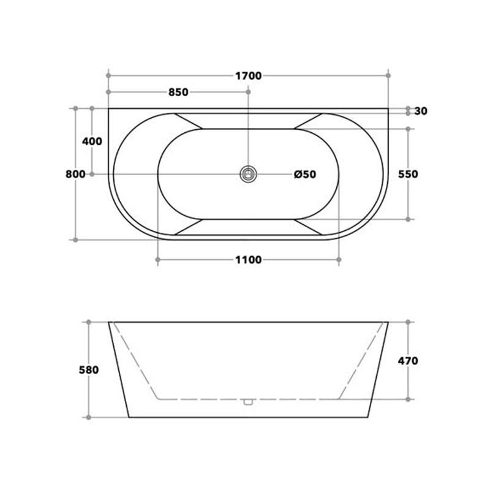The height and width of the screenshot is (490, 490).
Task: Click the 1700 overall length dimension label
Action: (x=249, y=76)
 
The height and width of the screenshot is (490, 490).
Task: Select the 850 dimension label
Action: (x=178, y=92)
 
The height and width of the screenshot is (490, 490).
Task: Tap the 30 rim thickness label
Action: (x=421, y=111)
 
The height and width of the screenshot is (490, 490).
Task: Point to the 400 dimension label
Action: (x=92, y=141)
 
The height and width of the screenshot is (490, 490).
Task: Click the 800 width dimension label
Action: (x=75, y=174)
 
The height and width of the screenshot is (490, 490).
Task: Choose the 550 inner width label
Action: (x=408, y=174)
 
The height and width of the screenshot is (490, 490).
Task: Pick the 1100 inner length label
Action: (x=249, y=260)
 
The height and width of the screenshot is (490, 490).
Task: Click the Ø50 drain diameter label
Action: (x=305, y=174)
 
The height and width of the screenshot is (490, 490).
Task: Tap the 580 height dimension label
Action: (x=89, y=370)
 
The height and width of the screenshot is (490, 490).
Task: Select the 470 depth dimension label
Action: (x=408, y=361)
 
